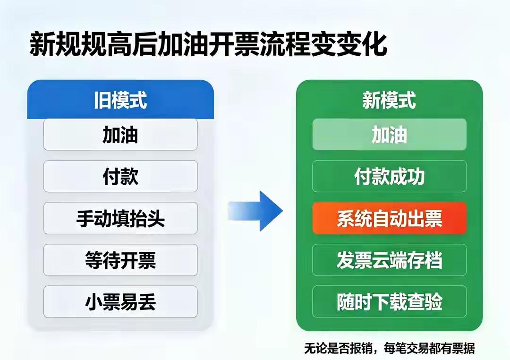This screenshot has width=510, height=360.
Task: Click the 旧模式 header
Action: coord(120,100)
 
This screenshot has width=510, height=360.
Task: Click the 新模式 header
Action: coord(389,100)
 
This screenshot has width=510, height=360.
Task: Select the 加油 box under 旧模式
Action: coord(120,135)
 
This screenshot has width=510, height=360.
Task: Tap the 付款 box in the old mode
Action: coord(120,176)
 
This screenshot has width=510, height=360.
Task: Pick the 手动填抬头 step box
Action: coord(120,218)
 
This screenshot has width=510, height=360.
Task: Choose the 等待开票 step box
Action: coord(120,260)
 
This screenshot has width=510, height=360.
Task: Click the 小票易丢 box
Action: coord(120,302)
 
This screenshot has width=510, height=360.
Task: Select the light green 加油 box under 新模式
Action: coord(389,135)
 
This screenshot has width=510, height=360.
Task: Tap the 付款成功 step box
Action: coord(389,176)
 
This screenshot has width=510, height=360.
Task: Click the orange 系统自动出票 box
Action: coord(389,218)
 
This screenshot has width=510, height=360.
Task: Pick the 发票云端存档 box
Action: coord(389,260)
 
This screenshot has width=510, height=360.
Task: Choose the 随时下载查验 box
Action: coord(389,302)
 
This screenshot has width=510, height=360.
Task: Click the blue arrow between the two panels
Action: coord(255,211)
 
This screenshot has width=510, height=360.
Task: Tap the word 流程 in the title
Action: coord(284,44)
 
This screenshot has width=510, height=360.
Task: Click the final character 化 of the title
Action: coord(374,44)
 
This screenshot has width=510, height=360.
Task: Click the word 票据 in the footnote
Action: coord(464,348)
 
